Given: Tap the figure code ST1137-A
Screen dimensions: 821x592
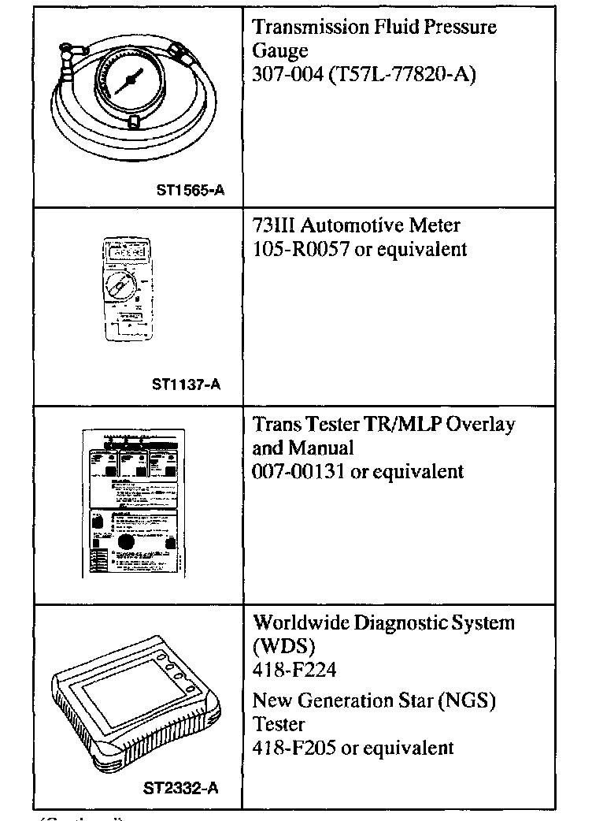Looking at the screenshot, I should [x=186, y=385].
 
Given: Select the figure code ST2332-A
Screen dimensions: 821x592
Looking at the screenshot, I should [x=180, y=786].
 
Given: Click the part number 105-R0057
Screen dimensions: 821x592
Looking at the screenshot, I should [x=293, y=250].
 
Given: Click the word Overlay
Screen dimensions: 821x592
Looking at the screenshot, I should [x=480, y=425].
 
